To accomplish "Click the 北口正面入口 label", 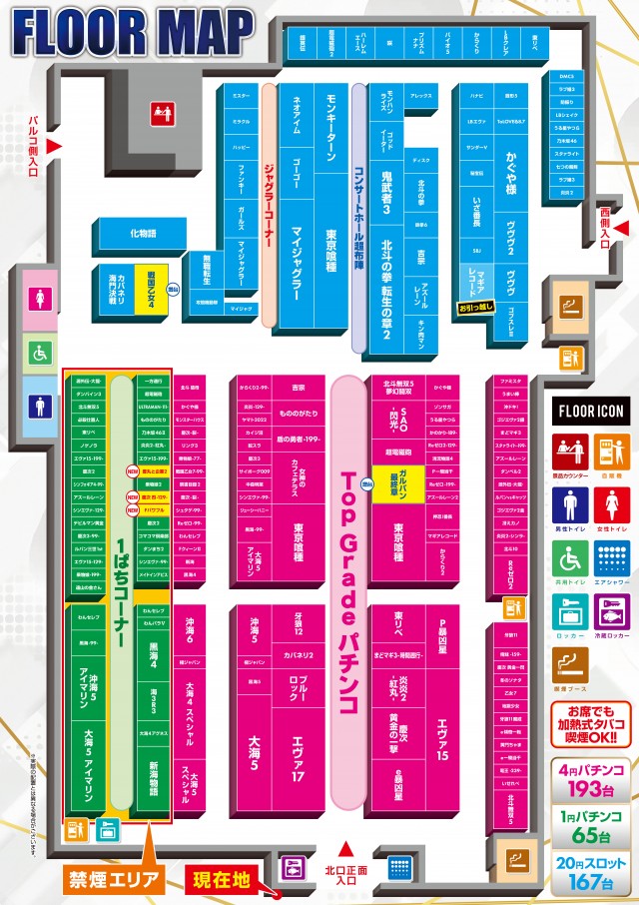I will [x=346, y=869].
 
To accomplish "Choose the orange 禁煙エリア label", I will [x=113, y=880].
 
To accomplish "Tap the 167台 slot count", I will [x=591, y=882].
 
